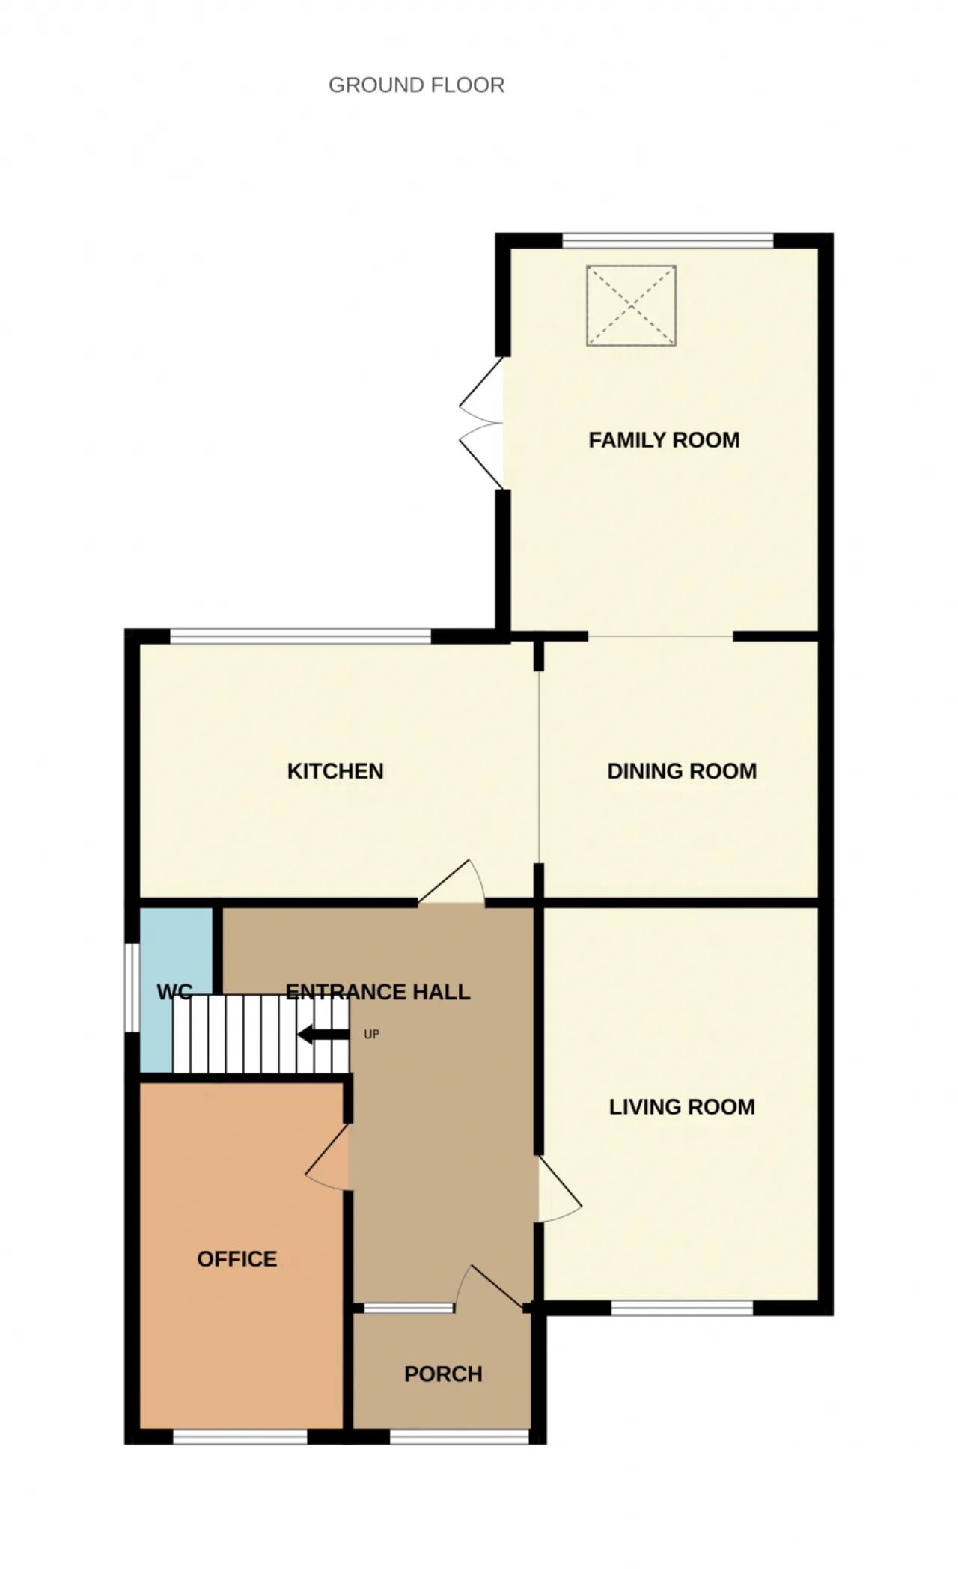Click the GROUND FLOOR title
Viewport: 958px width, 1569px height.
416,85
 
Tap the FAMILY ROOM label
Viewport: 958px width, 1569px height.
664,440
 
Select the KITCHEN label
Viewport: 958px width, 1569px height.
335,771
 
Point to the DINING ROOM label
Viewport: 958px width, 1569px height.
682,771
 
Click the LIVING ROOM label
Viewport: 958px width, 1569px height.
682,1106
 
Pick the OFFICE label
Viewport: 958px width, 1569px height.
237,1259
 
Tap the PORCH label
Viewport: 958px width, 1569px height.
443,1374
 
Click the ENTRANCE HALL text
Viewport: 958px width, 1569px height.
378,992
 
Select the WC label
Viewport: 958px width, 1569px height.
174,993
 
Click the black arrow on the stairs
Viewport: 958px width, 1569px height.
323,1035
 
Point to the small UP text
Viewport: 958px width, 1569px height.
371,1035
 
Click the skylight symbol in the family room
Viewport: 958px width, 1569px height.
631,305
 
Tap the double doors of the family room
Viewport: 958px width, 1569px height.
480,424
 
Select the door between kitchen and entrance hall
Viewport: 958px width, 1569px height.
451,882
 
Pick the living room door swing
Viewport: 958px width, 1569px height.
560,1189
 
